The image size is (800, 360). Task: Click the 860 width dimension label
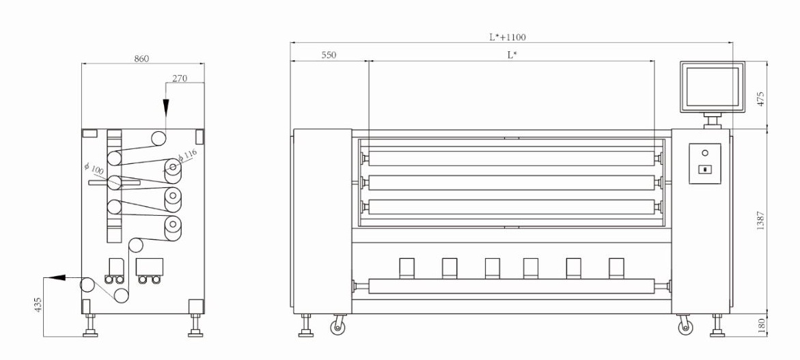141,59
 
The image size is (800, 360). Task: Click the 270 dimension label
180,78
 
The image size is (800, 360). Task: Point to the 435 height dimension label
38,305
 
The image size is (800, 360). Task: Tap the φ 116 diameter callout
188,154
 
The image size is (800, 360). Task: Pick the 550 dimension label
329,55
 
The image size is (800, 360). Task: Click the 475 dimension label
760,98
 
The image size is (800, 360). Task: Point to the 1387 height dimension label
760,221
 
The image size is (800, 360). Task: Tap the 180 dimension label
760,324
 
